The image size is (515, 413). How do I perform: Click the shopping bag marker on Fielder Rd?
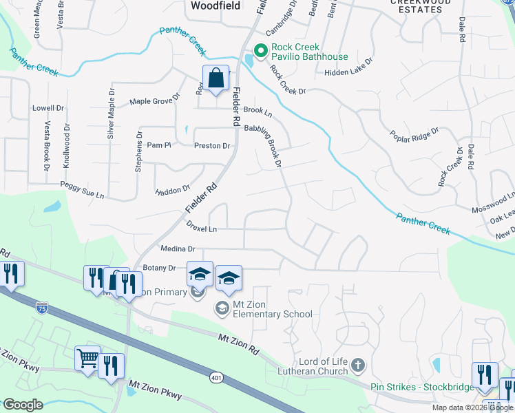click(216, 79)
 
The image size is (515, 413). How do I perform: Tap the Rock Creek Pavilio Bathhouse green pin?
click(261, 50)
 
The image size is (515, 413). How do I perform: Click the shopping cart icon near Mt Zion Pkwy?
click(87, 359)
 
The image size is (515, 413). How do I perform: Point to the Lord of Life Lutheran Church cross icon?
click(357, 364)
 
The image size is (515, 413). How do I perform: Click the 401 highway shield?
click(217, 377)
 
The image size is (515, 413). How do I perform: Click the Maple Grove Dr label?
click(154, 101)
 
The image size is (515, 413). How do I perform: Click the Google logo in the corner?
click(23, 404)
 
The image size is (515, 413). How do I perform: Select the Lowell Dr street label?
click(48, 108)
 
